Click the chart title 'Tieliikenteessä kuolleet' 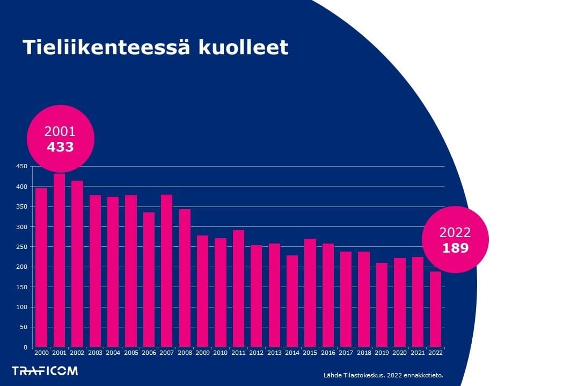[x=155, y=47]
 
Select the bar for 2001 [x=60, y=261]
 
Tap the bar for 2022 [x=435, y=309]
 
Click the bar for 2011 [x=238, y=288]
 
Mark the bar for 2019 [x=382, y=305]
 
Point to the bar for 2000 [x=41, y=267]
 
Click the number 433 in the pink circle [x=60, y=147]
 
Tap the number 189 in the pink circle [x=455, y=248]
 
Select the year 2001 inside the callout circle [x=60, y=132]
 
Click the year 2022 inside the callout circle [x=455, y=233]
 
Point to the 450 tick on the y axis [x=21, y=167]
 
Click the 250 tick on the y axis [x=21, y=247]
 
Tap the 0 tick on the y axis [x=25, y=347]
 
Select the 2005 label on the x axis [x=131, y=353]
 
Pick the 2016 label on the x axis [x=328, y=353]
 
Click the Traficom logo [x=45, y=370]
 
